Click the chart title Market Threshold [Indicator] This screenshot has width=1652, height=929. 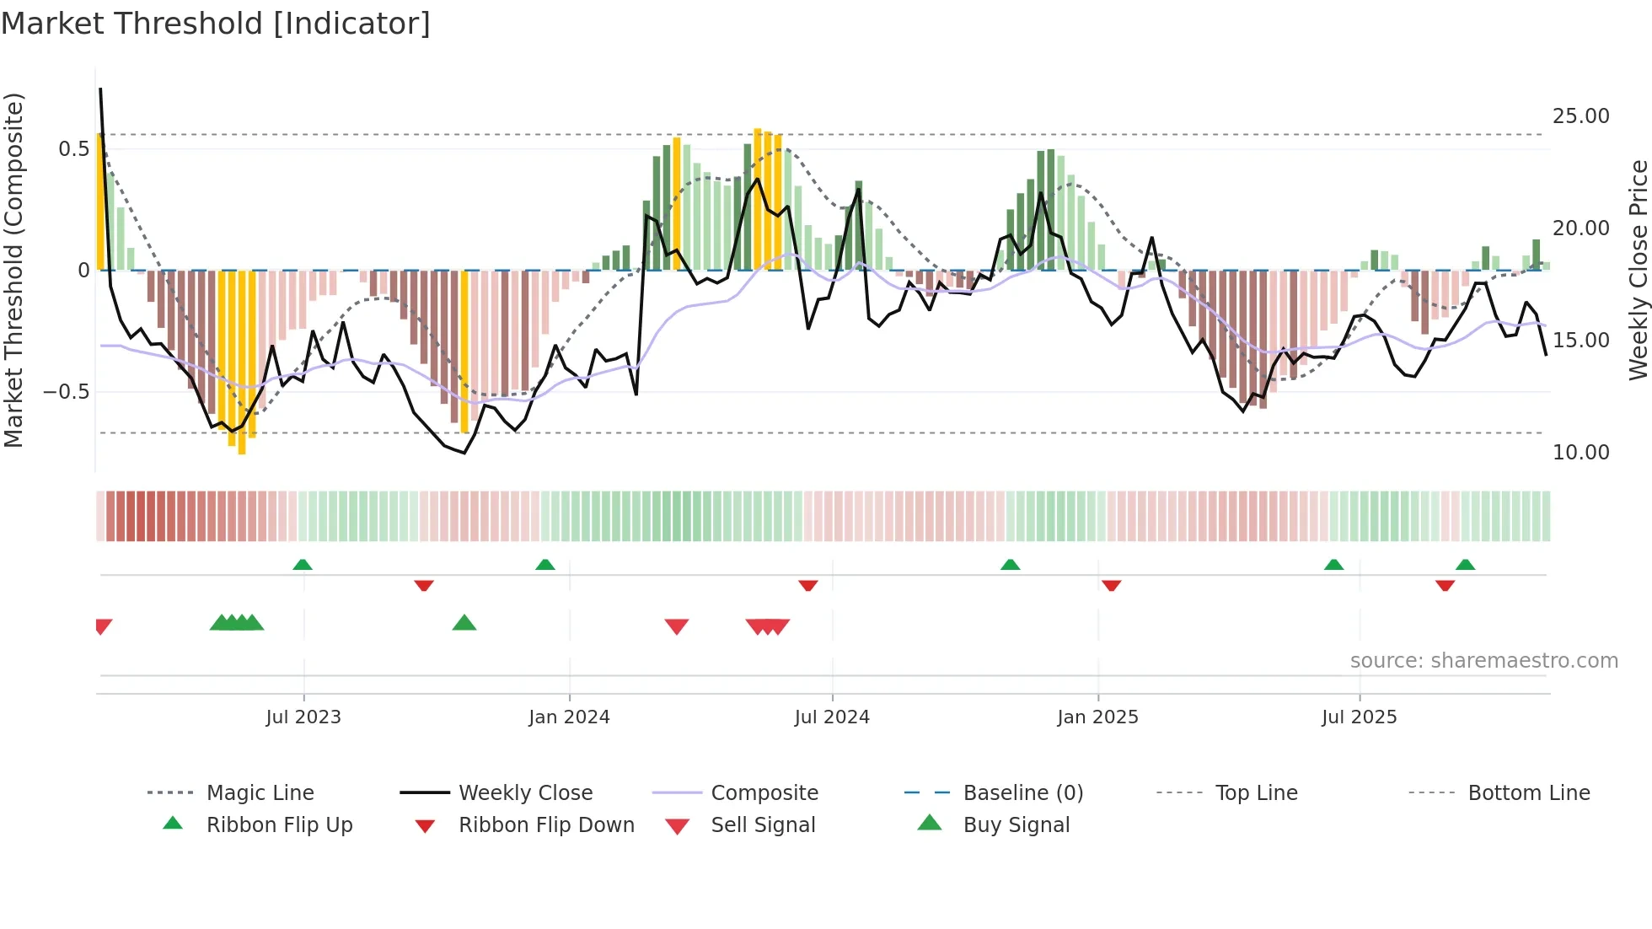coord(216,24)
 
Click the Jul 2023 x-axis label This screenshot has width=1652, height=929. coord(303,717)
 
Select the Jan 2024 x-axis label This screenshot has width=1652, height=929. coord(569,717)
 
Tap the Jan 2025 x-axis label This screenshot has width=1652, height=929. coord(1097,717)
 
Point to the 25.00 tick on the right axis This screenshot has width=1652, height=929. coord(1580,116)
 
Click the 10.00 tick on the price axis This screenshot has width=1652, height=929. coord(1580,453)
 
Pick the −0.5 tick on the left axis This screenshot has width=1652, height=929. coord(66,392)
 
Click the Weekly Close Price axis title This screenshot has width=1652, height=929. coord(1638,270)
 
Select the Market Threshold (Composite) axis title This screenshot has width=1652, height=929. coord(13,270)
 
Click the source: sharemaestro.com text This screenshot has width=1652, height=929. coord(1483,661)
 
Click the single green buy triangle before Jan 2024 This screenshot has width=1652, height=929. coord(464,624)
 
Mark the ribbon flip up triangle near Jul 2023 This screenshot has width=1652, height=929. coord(303,565)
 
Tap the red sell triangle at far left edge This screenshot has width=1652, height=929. coord(104,626)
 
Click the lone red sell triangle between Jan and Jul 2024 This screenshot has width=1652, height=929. coord(677,626)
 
